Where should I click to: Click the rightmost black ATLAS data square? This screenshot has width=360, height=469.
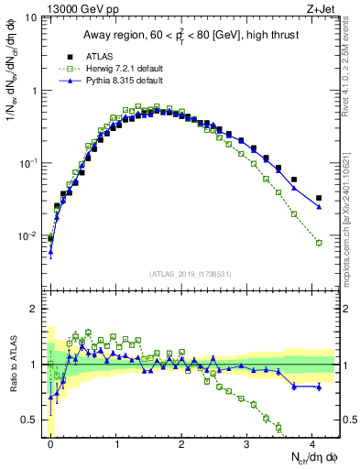click(319, 198)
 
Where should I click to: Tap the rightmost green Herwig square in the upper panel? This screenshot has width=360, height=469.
click(319, 243)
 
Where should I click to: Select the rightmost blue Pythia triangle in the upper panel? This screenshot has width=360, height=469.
click(319, 207)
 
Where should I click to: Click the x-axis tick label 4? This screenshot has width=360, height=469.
click(313, 443)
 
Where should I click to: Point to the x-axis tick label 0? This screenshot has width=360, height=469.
click(50, 443)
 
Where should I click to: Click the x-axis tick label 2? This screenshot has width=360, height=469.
click(182, 443)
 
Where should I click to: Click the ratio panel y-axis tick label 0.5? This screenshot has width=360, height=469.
click(30, 420)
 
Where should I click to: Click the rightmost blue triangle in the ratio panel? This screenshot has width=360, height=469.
click(319, 387)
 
